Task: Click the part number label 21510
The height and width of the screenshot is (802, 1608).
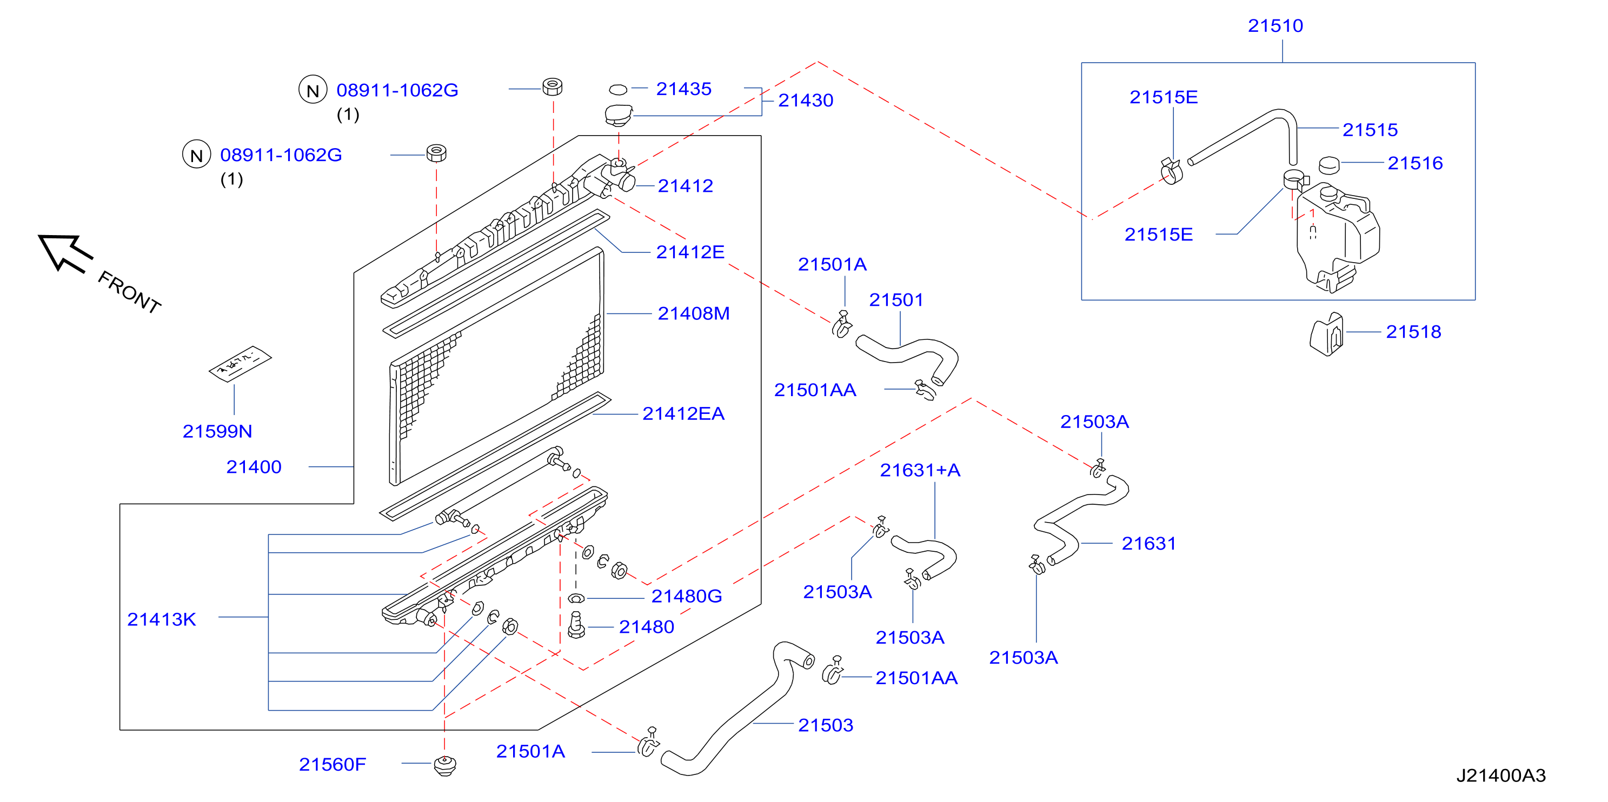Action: tap(1275, 25)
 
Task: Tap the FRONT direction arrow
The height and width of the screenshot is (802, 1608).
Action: tap(65, 253)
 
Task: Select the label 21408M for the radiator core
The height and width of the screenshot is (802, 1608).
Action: tap(694, 313)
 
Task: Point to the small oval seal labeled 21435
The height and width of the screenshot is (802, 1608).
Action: tap(618, 90)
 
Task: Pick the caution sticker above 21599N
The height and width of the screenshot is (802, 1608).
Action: tap(240, 363)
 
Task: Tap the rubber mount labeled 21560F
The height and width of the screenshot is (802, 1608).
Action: tap(444, 765)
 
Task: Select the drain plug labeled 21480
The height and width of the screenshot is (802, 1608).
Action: tap(576, 625)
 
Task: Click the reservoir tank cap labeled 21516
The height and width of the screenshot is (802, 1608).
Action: tap(1329, 165)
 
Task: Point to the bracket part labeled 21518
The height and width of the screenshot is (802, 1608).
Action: tap(1326, 334)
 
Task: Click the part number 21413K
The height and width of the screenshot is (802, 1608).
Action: tap(162, 619)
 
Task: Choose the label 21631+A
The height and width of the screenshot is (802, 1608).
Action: tap(920, 470)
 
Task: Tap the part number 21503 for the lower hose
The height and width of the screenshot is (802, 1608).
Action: tap(825, 725)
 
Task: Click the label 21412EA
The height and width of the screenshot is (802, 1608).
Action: tap(683, 413)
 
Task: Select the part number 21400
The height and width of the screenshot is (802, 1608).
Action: tap(254, 467)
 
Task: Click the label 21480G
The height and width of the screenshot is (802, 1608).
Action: tap(687, 596)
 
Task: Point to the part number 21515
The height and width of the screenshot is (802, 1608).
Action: tap(1370, 130)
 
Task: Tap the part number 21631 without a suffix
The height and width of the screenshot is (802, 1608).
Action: tap(1148, 544)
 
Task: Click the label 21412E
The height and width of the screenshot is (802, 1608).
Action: tap(690, 251)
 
